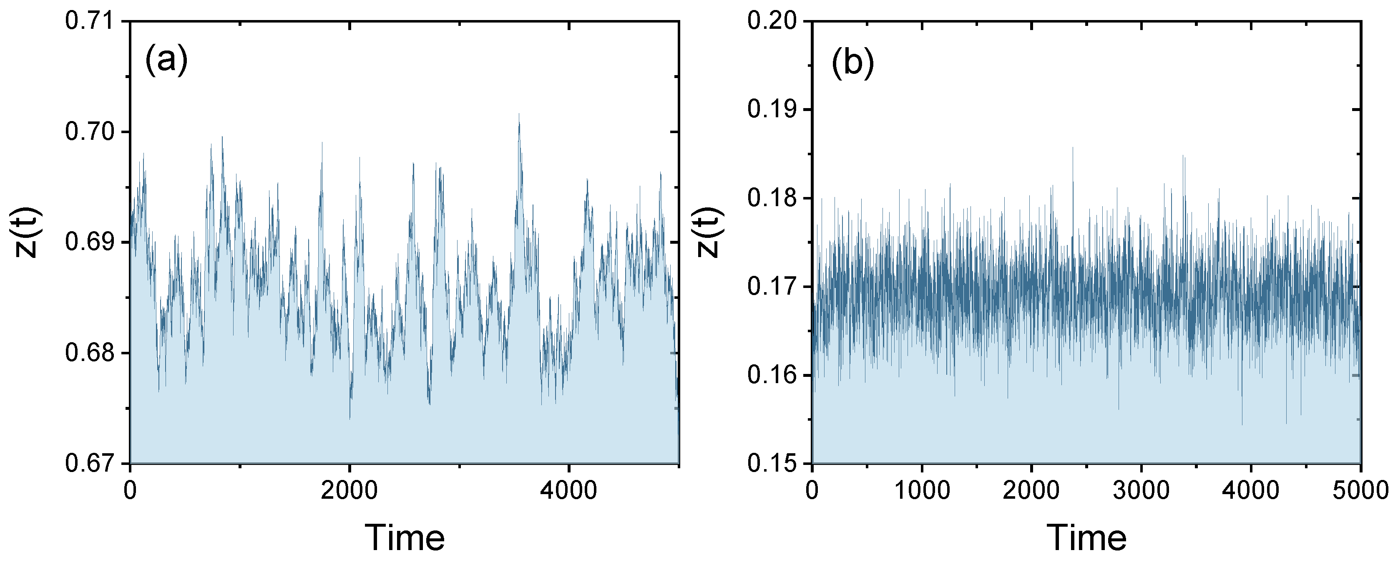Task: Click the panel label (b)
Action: [852, 63]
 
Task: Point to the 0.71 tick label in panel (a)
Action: [90, 22]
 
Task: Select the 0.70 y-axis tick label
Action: [90, 132]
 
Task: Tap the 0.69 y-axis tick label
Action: [90, 242]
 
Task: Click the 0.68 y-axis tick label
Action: [90, 353]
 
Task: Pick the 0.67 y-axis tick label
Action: [90, 463]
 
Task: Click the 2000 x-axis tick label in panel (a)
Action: [349, 491]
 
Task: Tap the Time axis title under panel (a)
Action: [404, 538]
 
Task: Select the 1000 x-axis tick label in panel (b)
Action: [922, 491]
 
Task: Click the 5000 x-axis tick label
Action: [1360, 491]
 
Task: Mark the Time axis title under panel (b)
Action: [1086, 538]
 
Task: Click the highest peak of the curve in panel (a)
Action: [519, 114]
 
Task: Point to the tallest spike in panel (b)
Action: [1072, 148]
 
